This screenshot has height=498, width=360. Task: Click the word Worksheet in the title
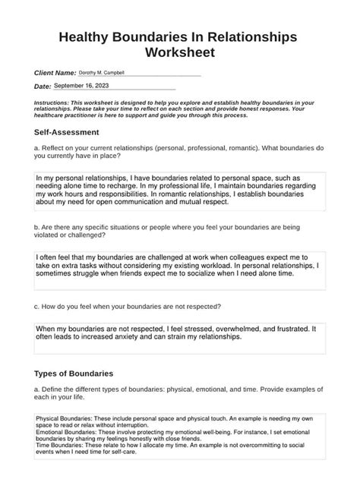point(180,53)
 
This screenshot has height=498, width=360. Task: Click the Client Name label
point(55,72)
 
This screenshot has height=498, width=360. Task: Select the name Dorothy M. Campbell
point(101,72)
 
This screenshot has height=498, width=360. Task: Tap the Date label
point(43,87)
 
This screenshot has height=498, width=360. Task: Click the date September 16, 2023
point(81,87)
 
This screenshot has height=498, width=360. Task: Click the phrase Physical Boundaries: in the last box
point(59,419)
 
